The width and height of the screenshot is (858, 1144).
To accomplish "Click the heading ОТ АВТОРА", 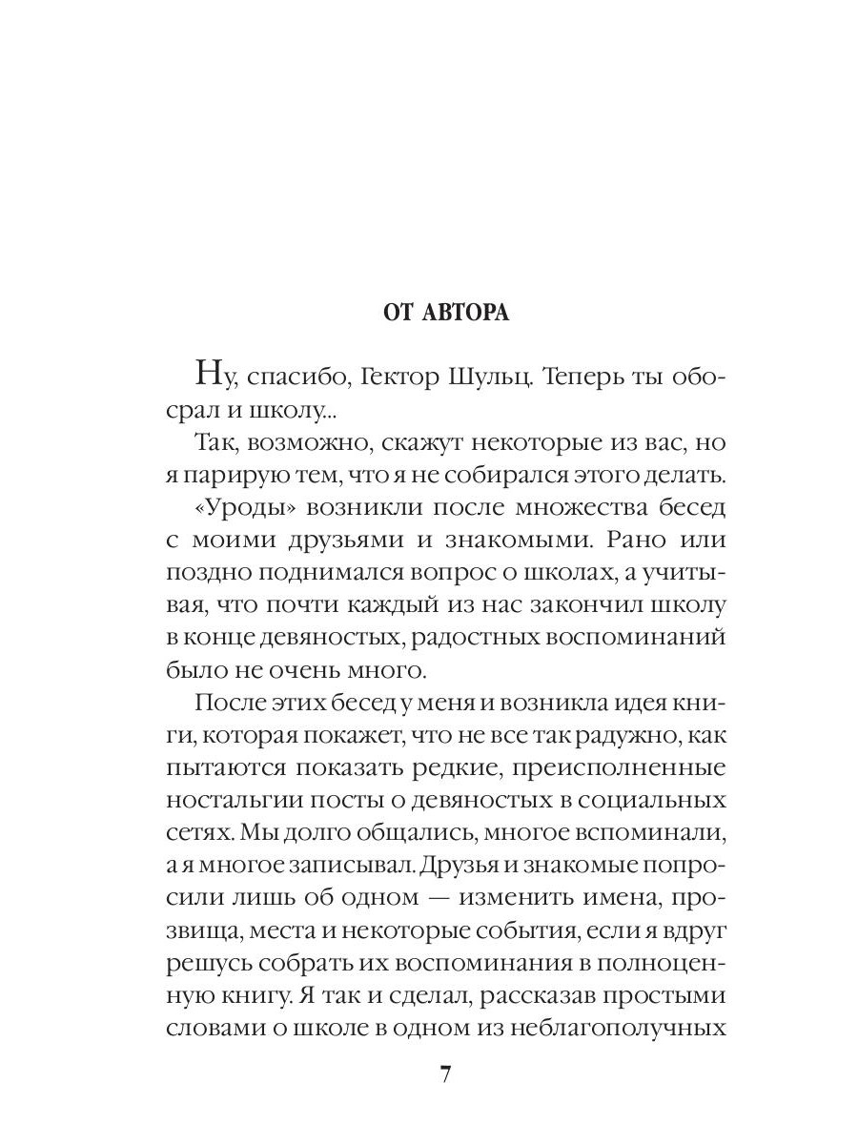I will click(445, 313).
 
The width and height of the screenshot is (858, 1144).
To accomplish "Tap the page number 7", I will click(445, 1074).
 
